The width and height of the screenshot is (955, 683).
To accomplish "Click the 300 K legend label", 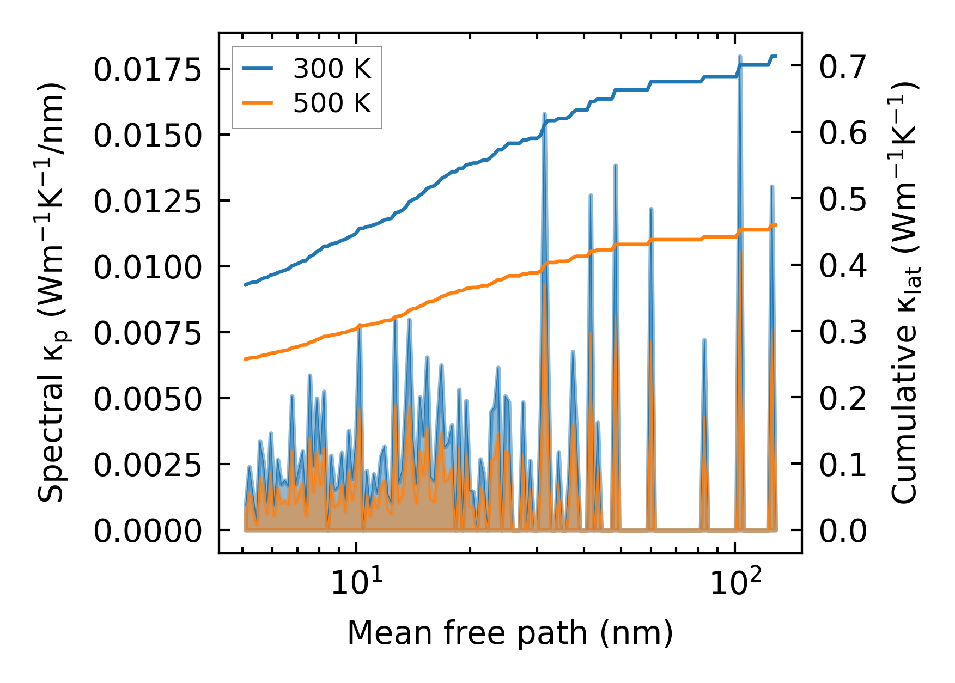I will coord(332,69).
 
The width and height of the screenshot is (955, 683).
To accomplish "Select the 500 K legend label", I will coord(332,103).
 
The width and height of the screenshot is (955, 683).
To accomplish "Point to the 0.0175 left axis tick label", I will coord(148,70).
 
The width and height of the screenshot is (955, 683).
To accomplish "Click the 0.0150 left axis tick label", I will coord(148,136).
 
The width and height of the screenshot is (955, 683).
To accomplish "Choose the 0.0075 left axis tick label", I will coord(148,334).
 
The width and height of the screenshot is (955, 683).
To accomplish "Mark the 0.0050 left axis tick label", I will coord(148,400).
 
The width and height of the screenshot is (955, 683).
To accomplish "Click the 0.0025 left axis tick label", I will coord(148,466).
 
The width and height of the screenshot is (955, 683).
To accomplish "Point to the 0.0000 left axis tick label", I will coord(148,532).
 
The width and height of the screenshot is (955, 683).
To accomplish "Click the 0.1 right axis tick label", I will coord(842,465).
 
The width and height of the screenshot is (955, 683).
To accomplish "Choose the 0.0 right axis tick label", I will coord(842,532).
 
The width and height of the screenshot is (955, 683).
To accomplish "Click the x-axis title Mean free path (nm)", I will coord(510,633).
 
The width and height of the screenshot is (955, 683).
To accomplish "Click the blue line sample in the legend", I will coord(258,69).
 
